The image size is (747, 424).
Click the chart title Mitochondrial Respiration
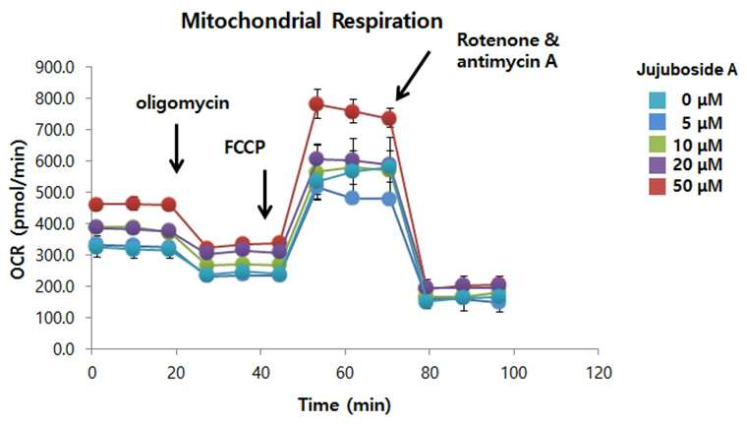coord(312,22)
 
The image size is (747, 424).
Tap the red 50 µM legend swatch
coord(657,186)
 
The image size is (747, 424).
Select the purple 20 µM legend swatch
coord(657,164)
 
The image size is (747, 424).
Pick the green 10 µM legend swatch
coord(657,144)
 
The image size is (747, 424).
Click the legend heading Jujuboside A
coord(686,70)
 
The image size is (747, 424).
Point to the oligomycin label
coord(183,103)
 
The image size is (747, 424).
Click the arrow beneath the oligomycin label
coord(177,149)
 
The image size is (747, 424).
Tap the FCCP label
coord(245,148)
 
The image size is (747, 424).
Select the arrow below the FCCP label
coord(264,194)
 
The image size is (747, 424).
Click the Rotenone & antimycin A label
coord(508,50)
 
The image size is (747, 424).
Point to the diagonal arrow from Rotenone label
coord(413,76)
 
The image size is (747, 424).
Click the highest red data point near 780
coord(316,104)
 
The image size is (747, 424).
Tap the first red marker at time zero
coord(96,205)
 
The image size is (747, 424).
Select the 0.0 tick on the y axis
coord(64,349)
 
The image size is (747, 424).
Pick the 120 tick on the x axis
coord(598,373)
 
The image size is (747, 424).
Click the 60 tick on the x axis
coord(345,373)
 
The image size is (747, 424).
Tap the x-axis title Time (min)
coord(344,405)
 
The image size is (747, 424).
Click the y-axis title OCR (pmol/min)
coord(18,210)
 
